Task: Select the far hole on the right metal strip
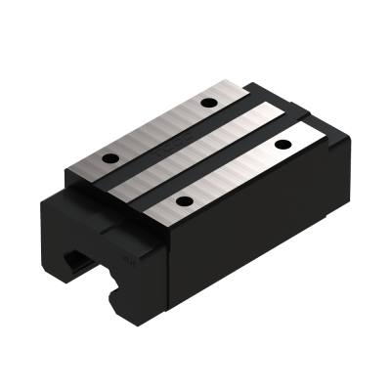[283, 144]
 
